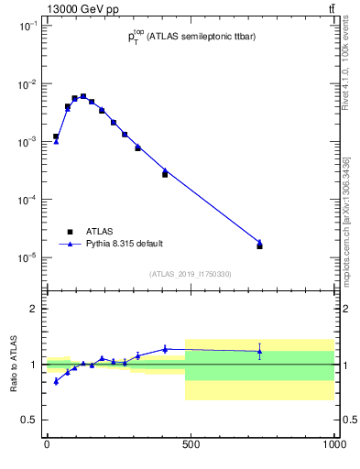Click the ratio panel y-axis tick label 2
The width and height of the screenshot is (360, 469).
pos(34,310)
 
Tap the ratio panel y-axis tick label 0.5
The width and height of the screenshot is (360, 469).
pos(30,420)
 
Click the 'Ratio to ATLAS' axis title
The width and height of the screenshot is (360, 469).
pos(12,365)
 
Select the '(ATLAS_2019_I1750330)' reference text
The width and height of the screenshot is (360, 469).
pos(191,274)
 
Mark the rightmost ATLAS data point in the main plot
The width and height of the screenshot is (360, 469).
pos(260,246)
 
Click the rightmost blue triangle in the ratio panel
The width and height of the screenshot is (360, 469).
pos(260,351)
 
